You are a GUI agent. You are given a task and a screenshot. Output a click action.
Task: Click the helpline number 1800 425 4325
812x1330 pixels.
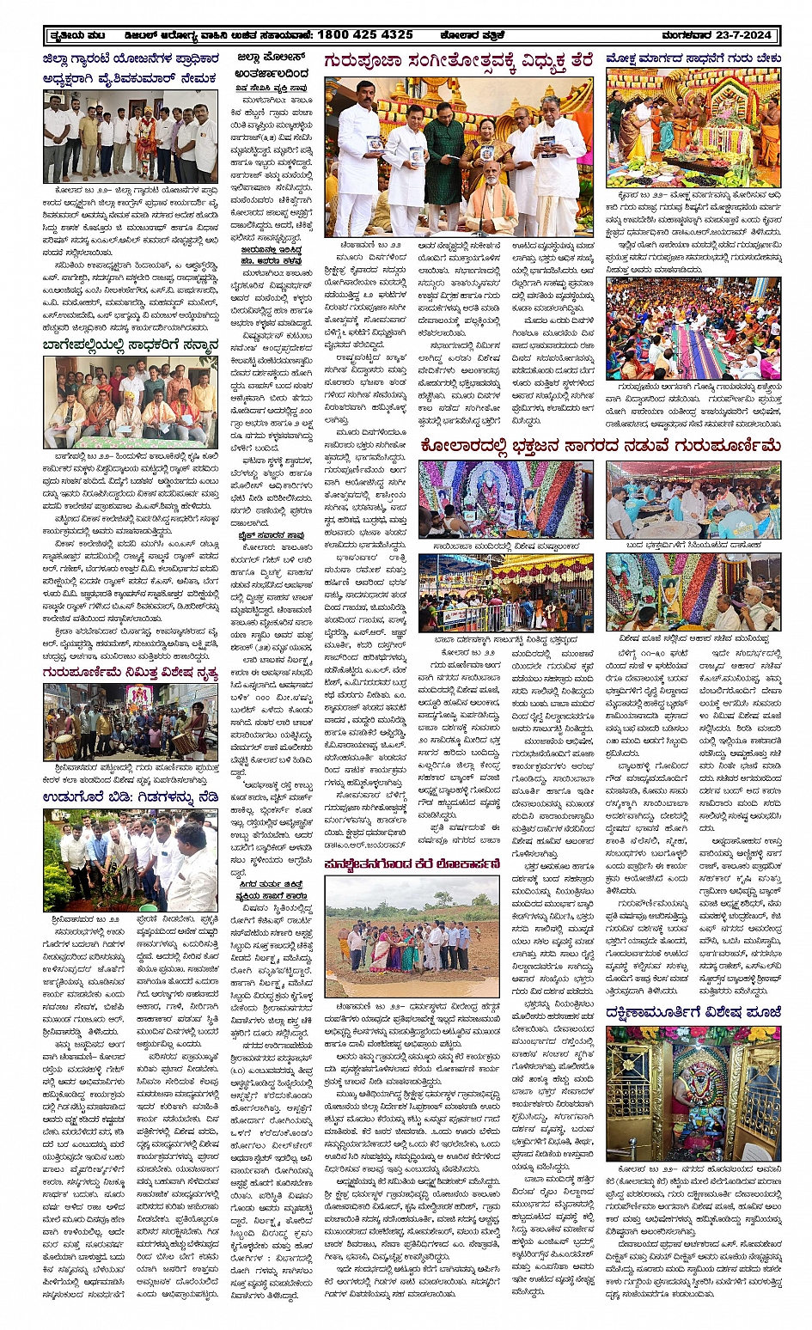(x=365, y=35)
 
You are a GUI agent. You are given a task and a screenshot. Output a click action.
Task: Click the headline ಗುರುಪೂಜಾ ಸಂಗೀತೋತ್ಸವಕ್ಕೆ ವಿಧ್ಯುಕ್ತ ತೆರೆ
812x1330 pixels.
(x=458, y=62)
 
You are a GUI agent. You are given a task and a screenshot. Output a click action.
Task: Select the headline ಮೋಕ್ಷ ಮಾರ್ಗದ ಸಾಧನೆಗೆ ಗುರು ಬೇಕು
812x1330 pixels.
(x=693, y=59)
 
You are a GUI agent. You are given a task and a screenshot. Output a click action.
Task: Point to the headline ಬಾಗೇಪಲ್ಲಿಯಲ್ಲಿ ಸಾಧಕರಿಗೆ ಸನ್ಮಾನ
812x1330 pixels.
(x=130, y=345)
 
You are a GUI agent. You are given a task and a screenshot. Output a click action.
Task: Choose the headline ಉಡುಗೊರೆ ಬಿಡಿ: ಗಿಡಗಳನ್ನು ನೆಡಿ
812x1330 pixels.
(x=130, y=797)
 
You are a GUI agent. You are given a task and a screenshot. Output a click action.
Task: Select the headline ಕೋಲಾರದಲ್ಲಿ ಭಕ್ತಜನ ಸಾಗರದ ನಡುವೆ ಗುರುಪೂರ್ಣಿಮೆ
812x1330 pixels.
(x=600, y=446)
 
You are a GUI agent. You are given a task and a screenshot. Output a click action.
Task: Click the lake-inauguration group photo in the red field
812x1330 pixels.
(x=412, y=936)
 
